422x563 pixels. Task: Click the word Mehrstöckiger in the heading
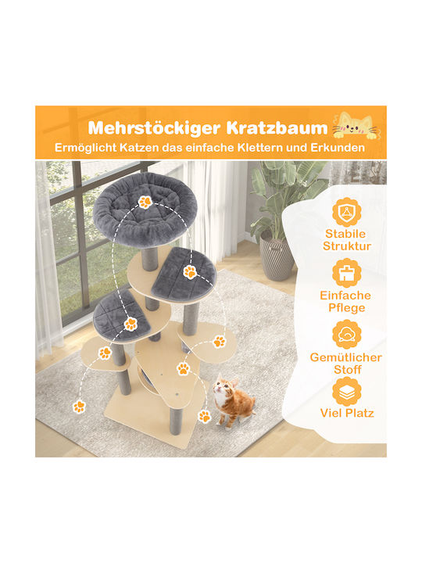tap(154, 128)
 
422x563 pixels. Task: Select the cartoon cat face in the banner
tap(356, 126)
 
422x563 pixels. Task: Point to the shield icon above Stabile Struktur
tap(347, 212)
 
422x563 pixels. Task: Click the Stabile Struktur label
tap(347, 240)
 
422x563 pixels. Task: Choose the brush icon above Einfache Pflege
tap(347, 273)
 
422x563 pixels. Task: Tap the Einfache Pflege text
tap(345, 302)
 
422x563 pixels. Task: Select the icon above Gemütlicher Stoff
tap(347, 335)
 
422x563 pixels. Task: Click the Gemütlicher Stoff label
tap(346, 364)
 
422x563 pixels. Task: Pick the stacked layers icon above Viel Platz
tap(347, 392)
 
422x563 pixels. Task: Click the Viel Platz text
tap(347, 413)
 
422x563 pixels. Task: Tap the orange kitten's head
tap(224, 388)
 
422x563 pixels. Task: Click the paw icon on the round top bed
tap(145, 202)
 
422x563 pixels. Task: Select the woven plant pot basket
tap(277, 255)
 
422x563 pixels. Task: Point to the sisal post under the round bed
tap(149, 259)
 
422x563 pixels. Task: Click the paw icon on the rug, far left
tap(79, 407)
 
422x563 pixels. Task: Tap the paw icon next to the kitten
tap(204, 416)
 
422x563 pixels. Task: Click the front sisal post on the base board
tap(176, 421)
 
